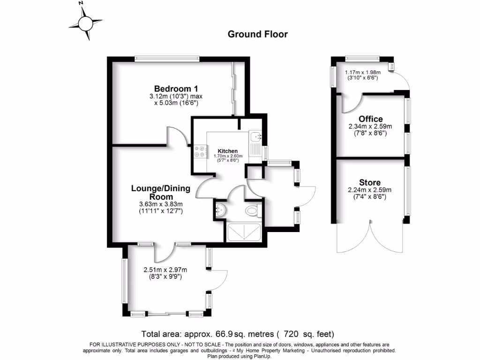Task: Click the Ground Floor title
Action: click(257, 34)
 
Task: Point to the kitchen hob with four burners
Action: click(199, 151)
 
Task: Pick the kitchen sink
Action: click(256, 137)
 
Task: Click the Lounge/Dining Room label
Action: click(161, 192)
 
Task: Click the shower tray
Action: click(244, 232)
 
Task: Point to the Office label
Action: click(370, 119)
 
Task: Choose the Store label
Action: click(370, 182)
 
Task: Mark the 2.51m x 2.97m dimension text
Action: click(165, 270)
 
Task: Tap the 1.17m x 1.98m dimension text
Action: click(363, 73)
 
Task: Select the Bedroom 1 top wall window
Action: click(167, 59)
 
